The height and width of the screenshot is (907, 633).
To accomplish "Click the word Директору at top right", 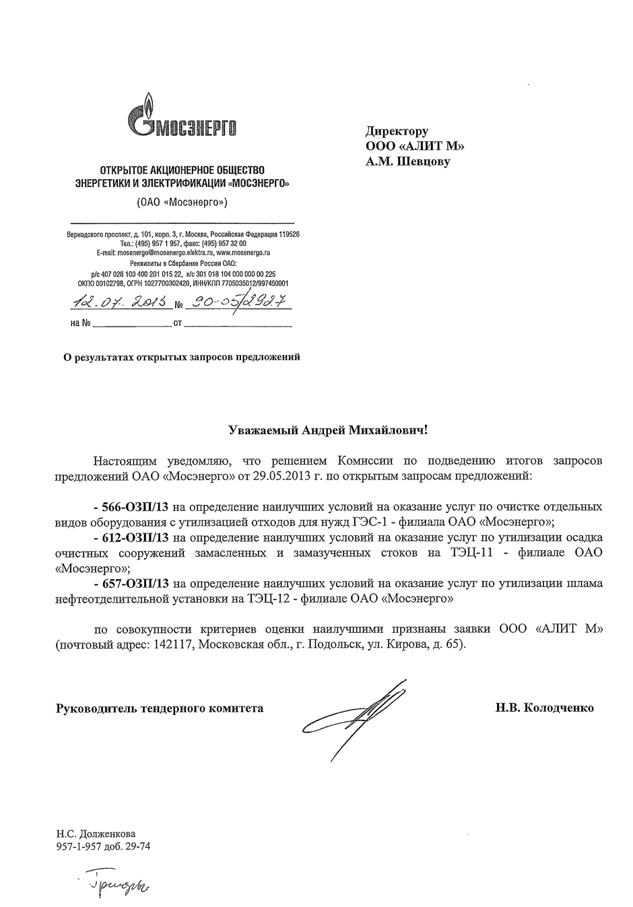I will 397,131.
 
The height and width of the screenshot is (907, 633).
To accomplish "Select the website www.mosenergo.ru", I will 243,252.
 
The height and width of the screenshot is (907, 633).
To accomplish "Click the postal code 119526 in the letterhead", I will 287,234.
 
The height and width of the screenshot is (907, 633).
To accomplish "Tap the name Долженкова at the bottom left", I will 104,834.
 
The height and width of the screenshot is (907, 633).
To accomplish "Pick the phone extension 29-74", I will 137,846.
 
